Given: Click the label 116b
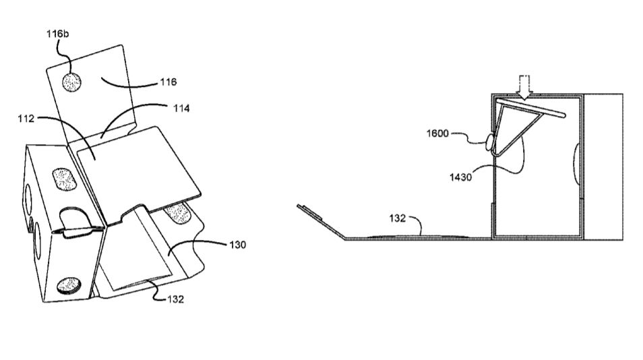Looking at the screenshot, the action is point(57,34).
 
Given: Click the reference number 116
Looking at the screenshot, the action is point(168,82).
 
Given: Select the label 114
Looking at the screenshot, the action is point(181,109).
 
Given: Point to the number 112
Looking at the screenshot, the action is point(26,119).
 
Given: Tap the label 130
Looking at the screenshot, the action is point(237,245).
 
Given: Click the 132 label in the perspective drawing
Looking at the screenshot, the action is point(175,299).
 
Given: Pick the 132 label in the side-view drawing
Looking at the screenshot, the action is point(398,218).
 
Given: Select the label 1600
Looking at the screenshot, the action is point(437,133).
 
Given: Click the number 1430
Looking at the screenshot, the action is point(460,177).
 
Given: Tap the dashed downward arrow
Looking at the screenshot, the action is point(524,88).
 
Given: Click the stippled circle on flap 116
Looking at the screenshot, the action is point(71,82).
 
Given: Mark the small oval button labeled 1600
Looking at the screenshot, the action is point(489,142).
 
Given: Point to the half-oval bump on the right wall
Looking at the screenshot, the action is point(576,163).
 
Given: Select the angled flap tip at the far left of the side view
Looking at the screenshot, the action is point(298,206).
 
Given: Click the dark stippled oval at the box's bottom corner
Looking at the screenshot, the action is point(69,285).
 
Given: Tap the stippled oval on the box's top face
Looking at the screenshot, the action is point(65,179).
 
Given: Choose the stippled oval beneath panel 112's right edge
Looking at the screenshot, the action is point(177,214).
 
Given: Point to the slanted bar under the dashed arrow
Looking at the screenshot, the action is point(531,107).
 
